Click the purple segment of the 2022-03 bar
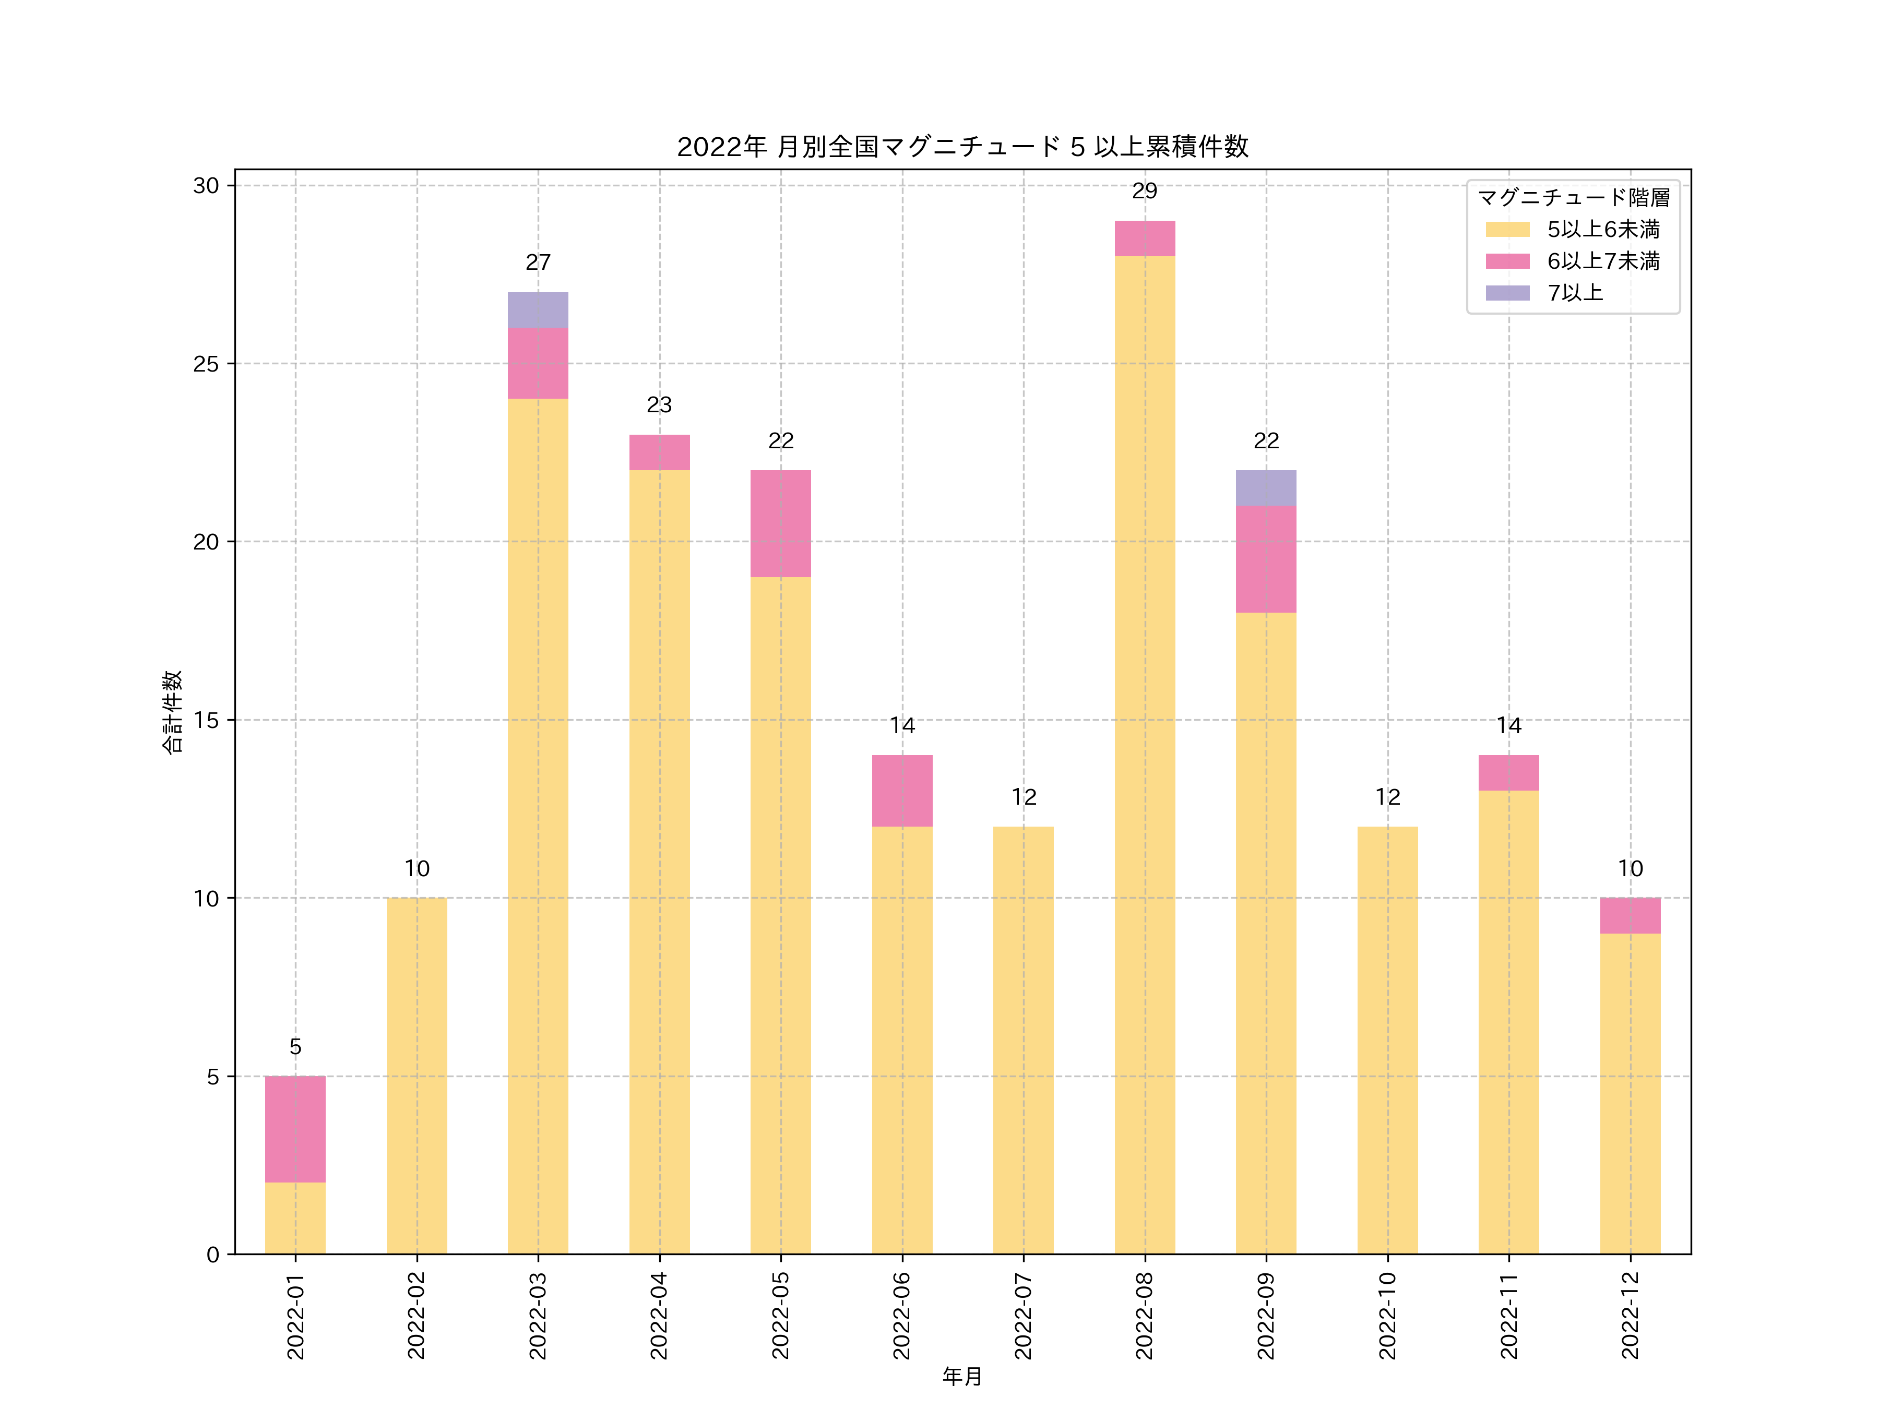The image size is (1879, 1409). (538, 310)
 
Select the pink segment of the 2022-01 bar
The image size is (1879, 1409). (295, 1129)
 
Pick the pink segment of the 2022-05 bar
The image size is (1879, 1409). (780, 523)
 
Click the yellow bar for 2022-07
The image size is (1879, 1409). (1022, 1040)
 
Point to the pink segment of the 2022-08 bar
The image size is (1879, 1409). (1144, 238)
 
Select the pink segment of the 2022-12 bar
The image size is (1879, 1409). (1630, 915)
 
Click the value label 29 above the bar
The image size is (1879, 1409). (1144, 191)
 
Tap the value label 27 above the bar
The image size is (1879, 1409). (538, 262)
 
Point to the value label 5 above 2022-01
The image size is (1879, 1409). (295, 1046)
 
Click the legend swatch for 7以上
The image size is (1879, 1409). (1507, 293)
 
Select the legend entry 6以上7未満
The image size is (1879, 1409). (1602, 261)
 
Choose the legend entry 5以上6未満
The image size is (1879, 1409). (1602, 229)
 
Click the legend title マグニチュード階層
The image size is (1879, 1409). (1573, 198)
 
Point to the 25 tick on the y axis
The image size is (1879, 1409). (206, 364)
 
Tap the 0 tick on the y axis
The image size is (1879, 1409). (212, 1255)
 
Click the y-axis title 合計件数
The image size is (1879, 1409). (172, 712)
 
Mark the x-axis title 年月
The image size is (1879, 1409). (961, 1377)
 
